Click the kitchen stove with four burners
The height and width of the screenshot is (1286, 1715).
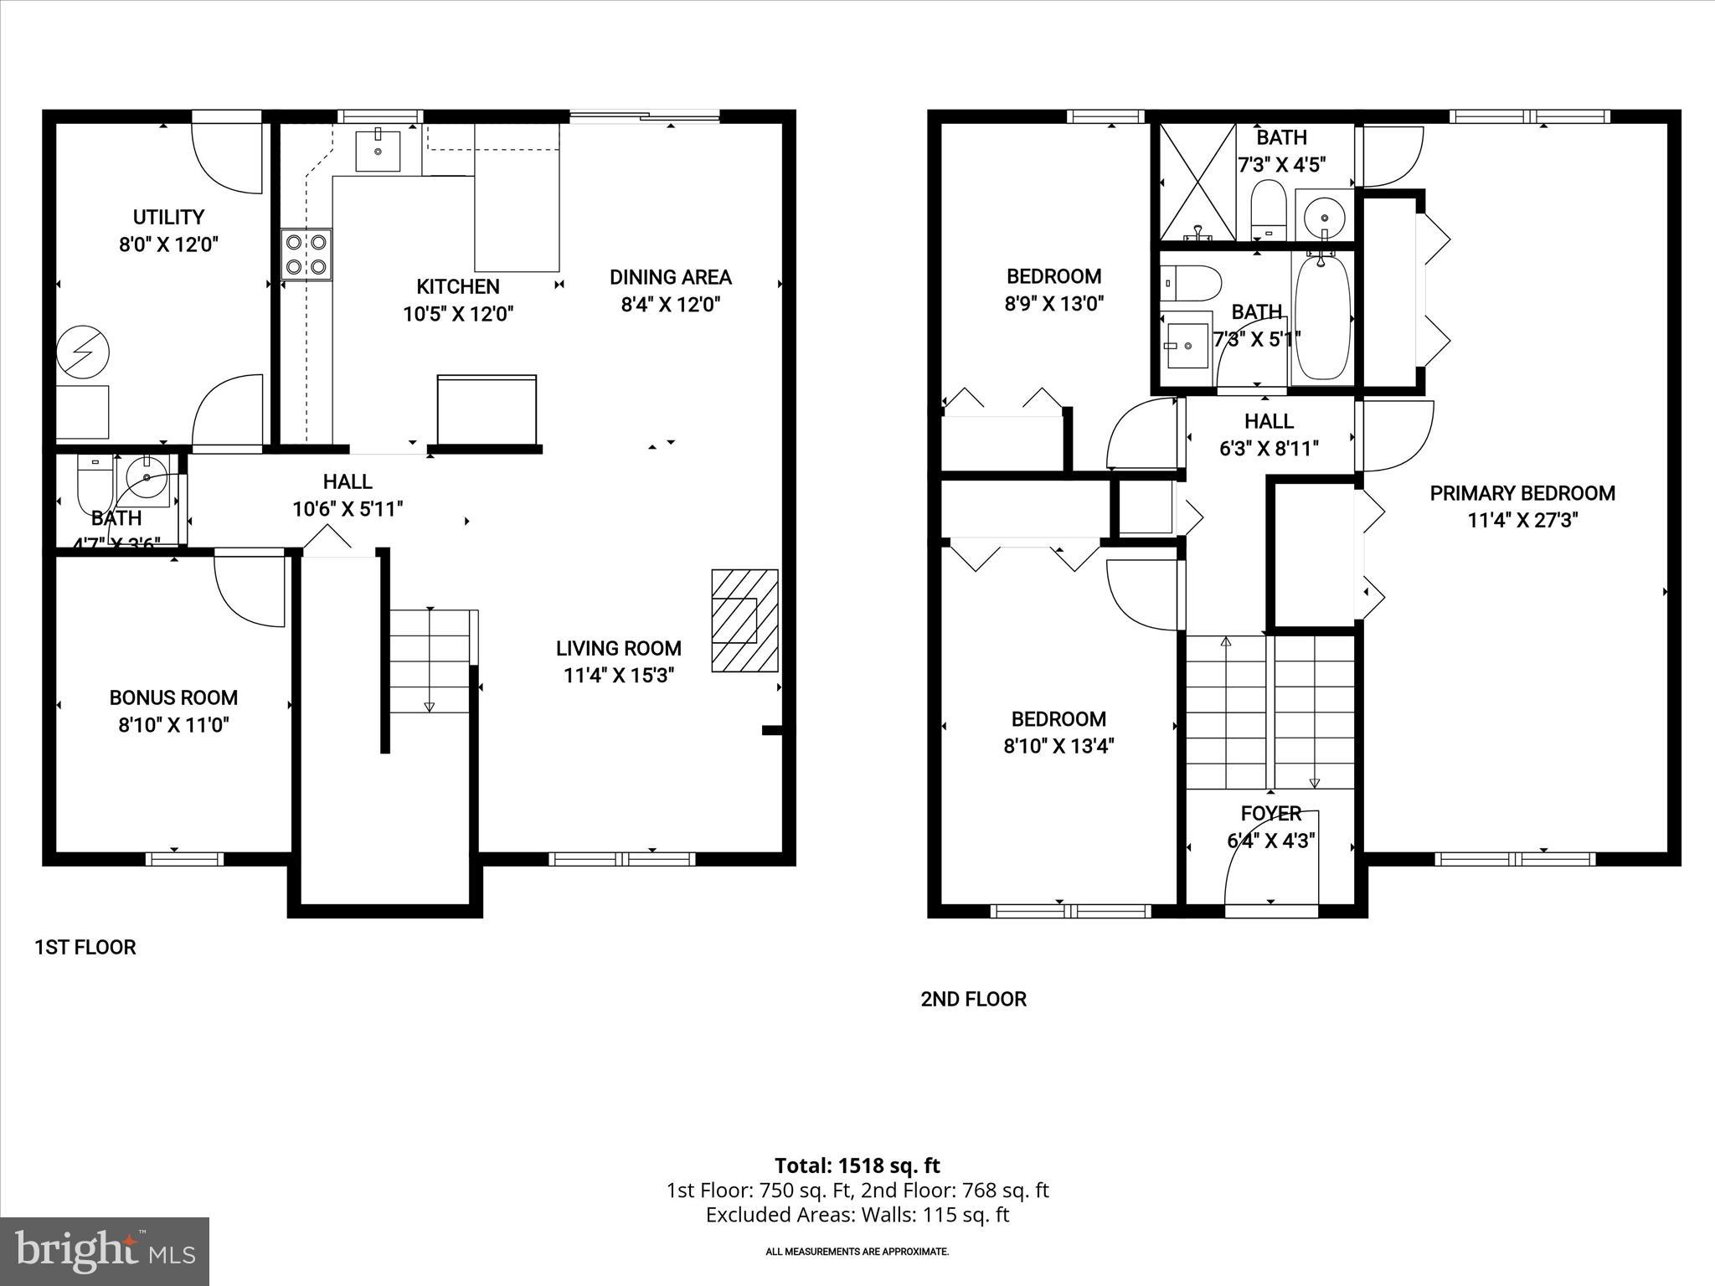pos(306,254)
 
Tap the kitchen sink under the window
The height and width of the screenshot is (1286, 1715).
pos(378,151)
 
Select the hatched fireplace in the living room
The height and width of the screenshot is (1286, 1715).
pos(744,620)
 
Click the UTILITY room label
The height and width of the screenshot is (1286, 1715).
pos(168,218)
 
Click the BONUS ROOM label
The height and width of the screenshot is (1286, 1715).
pos(173,697)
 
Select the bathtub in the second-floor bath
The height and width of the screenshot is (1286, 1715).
pos(1322,317)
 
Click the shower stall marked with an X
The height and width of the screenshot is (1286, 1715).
pos(1197,182)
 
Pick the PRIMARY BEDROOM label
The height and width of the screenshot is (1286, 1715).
pos(1522,493)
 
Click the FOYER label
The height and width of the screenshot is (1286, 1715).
pos(1270,813)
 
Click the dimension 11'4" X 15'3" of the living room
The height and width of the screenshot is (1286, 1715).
pos(618,675)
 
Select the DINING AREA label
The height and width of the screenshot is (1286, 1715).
pos(670,277)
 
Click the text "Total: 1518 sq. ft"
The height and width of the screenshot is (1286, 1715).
pos(857,1165)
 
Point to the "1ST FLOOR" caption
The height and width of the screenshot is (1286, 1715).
pos(85,947)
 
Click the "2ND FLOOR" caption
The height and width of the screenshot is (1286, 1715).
pos(973,999)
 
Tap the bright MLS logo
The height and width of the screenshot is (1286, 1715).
pos(105,1252)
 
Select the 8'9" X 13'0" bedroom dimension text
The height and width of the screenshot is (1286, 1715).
pos(1053,303)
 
